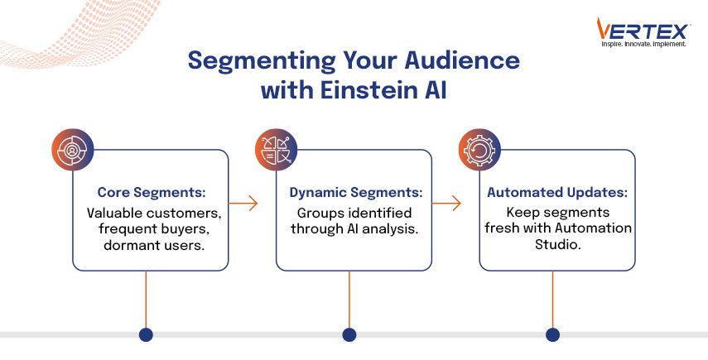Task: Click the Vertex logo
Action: click(x=642, y=30)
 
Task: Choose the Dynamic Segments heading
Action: click(x=355, y=192)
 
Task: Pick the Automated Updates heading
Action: click(x=556, y=192)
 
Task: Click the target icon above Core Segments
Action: click(x=73, y=151)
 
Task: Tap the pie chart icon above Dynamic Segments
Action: click(x=277, y=151)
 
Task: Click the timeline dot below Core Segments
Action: click(x=146, y=334)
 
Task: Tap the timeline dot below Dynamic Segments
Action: click(x=349, y=334)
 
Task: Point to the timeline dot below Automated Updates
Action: click(x=552, y=334)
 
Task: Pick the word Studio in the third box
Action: click(x=556, y=246)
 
